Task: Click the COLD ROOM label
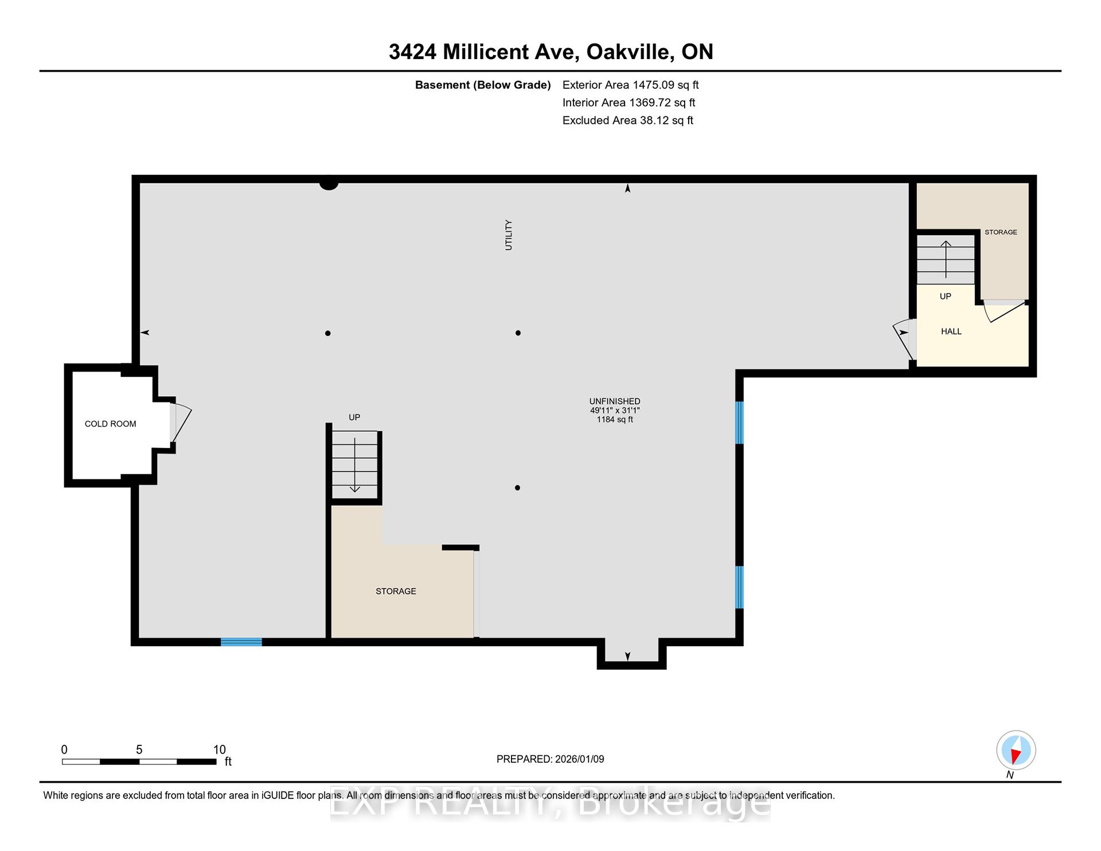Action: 110,424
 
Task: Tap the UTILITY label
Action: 509,235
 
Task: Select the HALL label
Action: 951,331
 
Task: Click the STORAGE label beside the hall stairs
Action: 1001,232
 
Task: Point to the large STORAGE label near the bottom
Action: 396,591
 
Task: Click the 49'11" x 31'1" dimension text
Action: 615,411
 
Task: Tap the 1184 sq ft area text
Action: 615,420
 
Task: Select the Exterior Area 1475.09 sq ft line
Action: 630,85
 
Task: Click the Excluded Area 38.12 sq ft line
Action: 627,120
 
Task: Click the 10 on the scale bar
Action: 219,749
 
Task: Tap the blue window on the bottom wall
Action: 241,642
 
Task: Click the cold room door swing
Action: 181,422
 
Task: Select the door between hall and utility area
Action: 905,339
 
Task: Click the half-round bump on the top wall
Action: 329,185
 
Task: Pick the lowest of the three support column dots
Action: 517,488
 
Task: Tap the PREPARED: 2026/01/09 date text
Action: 550,759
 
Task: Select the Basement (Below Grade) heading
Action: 483,85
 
